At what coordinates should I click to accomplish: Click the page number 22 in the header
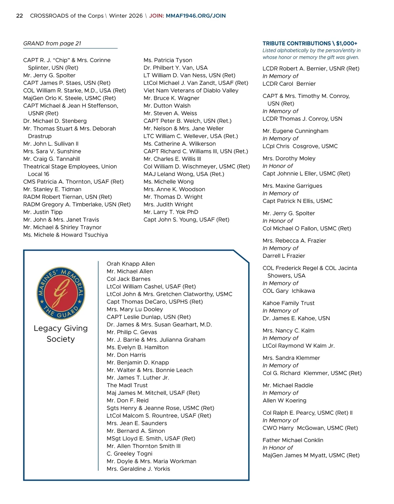(x=19, y=16)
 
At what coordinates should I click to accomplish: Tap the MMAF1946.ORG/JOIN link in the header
(x=196, y=16)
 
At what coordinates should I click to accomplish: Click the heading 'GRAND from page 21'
(x=52, y=43)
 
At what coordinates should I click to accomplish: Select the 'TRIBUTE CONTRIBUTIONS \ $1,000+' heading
(x=310, y=43)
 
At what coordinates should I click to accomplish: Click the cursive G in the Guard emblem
(x=61, y=291)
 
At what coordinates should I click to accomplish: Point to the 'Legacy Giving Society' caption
(x=61, y=334)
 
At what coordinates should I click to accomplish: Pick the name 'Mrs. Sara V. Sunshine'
(x=52, y=151)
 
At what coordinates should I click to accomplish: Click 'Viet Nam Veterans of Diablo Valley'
(x=191, y=91)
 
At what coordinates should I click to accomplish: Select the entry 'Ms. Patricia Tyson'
(x=168, y=60)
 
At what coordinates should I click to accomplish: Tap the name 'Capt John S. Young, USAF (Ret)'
(x=186, y=220)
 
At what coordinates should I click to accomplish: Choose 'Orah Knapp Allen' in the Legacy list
(x=131, y=264)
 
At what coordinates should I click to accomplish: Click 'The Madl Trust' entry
(x=127, y=385)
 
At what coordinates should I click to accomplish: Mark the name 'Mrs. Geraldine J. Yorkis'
(x=138, y=469)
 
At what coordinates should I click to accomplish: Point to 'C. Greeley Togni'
(x=129, y=453)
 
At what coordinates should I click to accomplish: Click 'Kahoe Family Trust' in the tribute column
(x=288, y=303)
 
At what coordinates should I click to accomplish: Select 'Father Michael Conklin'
(x=293, y=440)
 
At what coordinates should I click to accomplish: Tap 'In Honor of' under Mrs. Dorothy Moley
(x=277, y=166)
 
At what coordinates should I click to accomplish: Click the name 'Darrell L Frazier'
(x=284, y=256)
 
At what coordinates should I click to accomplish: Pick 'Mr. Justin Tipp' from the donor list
(x=43, y=212)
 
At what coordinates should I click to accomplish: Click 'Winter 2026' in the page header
(x=126, y=16)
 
